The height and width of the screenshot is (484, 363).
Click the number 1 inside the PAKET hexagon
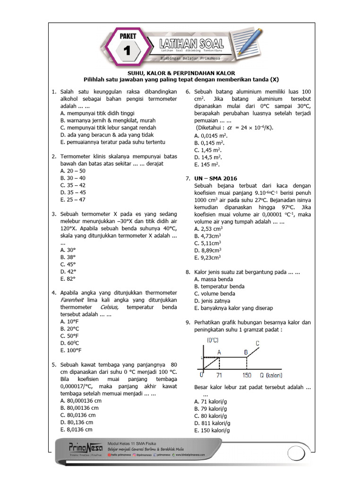[126, 50]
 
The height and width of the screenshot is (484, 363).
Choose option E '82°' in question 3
[68, 279]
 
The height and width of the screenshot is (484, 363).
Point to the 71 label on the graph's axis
[219, 375]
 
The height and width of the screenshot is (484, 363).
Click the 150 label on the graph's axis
[246, 375]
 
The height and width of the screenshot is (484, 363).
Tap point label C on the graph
[257, 343]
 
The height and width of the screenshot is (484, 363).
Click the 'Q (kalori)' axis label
[271, 375]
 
